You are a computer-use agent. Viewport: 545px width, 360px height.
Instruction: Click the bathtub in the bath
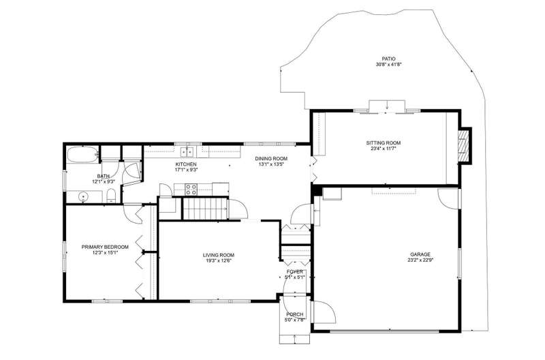tap(82, 155)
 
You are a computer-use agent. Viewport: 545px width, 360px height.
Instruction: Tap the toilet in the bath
tap(111, 196)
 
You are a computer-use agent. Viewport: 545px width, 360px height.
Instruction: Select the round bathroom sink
tap(83, 197)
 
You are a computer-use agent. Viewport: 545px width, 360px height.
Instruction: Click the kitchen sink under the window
tap(187, 152)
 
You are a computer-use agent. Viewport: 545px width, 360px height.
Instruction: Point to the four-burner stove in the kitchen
tap(191, 190)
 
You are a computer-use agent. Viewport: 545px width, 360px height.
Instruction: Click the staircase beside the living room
tap(205, 209)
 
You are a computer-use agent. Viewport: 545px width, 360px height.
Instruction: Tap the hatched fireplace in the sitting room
tap(463, 145)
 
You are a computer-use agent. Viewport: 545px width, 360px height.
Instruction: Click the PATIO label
tap(388, 59)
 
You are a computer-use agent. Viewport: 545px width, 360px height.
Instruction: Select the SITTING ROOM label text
tap(384, 142)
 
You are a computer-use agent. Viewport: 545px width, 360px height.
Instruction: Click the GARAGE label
tap(420, 254)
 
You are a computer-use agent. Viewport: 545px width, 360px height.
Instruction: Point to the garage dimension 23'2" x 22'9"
tap(420, 260)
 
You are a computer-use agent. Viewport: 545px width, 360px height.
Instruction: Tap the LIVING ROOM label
tap(219, 255)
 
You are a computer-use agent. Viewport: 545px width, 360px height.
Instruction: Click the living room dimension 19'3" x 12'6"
tap(219, 260)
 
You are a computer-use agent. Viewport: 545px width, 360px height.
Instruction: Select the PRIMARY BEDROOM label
tap(105, 247)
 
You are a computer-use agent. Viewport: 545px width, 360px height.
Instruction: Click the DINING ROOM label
tap(271, 159)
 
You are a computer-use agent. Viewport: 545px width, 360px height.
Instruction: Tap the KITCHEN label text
tap(186, 164)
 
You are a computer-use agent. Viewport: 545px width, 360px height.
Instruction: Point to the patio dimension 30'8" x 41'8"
tap(388, 64)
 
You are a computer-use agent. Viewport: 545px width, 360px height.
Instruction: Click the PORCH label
tap(295, 314)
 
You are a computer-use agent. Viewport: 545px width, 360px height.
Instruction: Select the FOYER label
tap(295, 271)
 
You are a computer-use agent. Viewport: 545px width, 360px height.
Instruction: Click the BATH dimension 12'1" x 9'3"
tap(104, 181)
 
